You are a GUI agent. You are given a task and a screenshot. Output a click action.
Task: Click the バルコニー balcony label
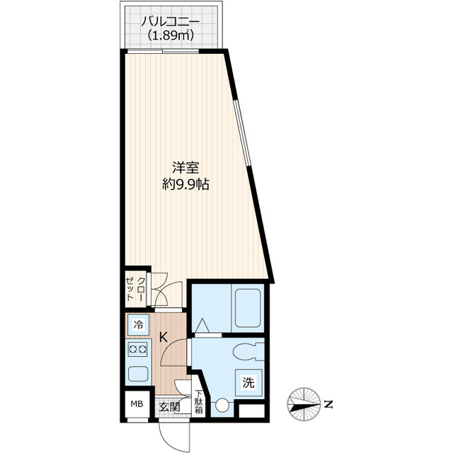[x=170, y=20]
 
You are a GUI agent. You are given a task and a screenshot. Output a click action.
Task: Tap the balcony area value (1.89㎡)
[x=170, y=35]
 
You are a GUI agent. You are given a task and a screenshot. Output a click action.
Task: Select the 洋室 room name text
[x=185, y=168]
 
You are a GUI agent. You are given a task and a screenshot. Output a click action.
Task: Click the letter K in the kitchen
[x=163, y=338]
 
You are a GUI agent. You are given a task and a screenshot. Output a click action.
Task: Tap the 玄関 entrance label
[x=168, y=407]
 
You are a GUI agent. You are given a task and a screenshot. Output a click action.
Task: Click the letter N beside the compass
[x=328, y=404]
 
